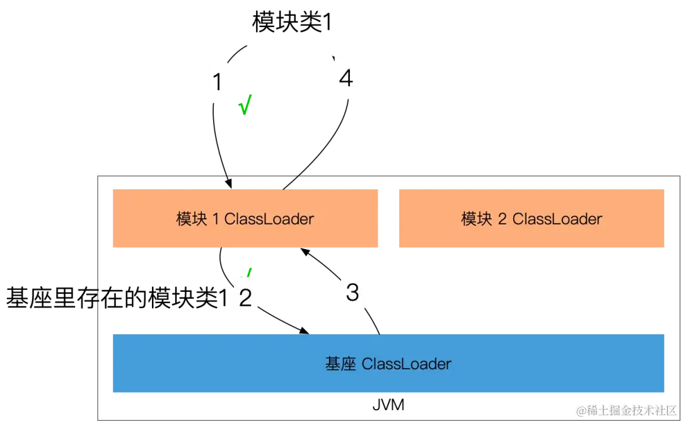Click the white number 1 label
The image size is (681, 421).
point(218,83)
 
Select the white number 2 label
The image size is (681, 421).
point(246,297)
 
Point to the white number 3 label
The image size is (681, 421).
point(352,292)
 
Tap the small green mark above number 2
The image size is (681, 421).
point(250,272)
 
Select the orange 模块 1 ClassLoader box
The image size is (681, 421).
point(244,219)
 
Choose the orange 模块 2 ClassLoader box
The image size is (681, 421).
point(532,219)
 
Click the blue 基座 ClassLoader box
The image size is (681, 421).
point(388,363)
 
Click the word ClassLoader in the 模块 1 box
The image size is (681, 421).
point(269,219)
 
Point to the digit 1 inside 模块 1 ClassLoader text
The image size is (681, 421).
point(216,219)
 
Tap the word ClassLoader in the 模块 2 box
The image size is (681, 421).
point(557,219)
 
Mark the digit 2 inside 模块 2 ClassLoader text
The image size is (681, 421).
point(503,219)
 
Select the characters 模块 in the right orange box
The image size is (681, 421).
point(477,219)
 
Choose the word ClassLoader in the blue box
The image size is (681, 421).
point(407,364)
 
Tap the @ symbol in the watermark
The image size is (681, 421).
point(581,410)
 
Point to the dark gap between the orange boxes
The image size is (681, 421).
point(388,219)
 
